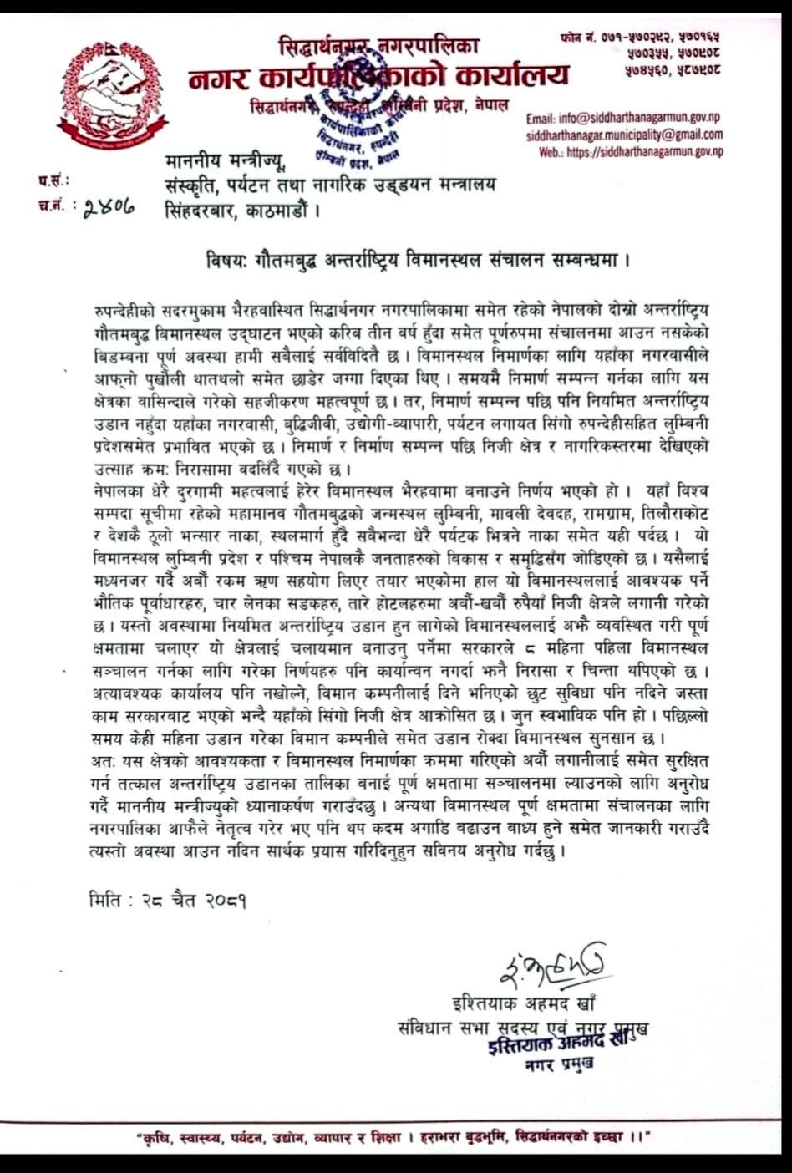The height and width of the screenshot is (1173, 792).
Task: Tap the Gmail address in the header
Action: (624, 135)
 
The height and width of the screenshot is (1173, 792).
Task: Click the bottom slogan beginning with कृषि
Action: (393, 1137)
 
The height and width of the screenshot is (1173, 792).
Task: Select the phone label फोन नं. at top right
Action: (577, 38)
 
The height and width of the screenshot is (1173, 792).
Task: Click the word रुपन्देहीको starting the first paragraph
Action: (125, 309)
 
